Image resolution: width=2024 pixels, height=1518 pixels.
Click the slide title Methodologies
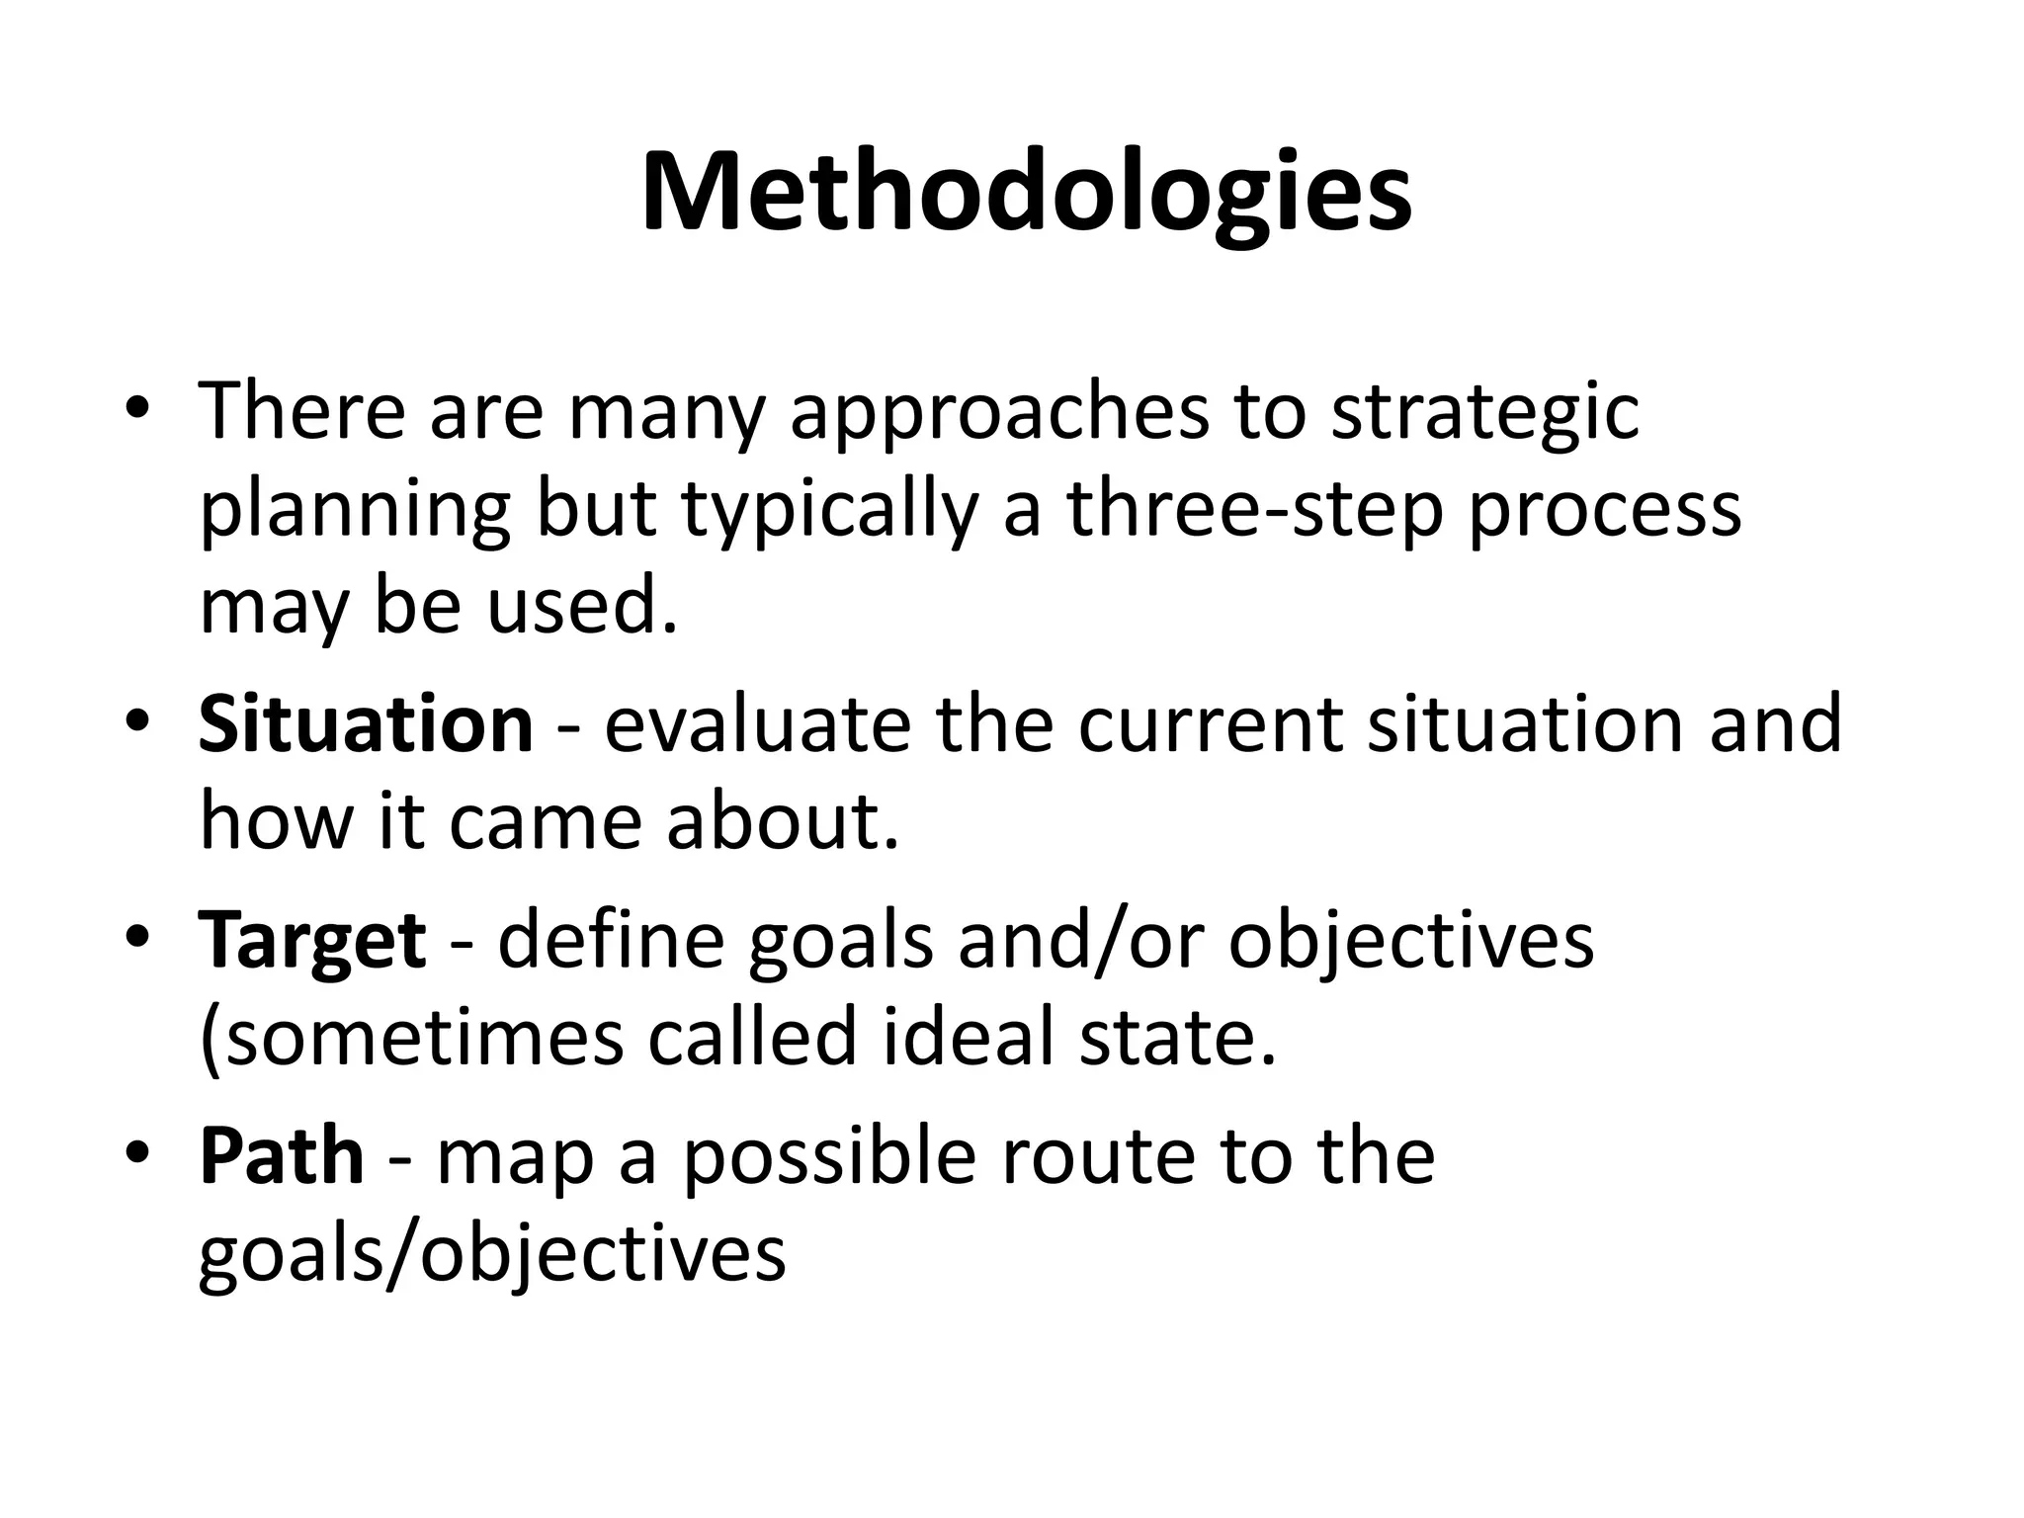pyautogui.click(x=1026, y=194)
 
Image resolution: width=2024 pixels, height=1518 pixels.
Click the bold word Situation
pyautogui.click(x=366, y=724)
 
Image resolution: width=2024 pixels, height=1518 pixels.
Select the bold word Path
pyautogui.click(x=282, y=1156)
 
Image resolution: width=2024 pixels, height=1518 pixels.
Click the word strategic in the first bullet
pyautogui.click(x=1484, y=413)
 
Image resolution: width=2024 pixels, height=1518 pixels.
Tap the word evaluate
pyautogui.click(x=756, y=724)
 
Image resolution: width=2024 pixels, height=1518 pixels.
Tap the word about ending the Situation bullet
pyautogui.click(x=783, y=822)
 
